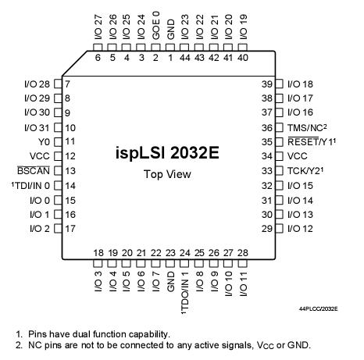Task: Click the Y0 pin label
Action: [x=44, y=141]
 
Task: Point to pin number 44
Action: [x=184, y=57]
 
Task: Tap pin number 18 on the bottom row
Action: [x=98, y=252]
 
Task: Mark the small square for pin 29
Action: [x=281, y=228]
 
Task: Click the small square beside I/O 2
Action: [x=56, y=228]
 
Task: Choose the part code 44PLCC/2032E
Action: [x=319, y=309]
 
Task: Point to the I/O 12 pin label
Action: [x=300, y=228]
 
